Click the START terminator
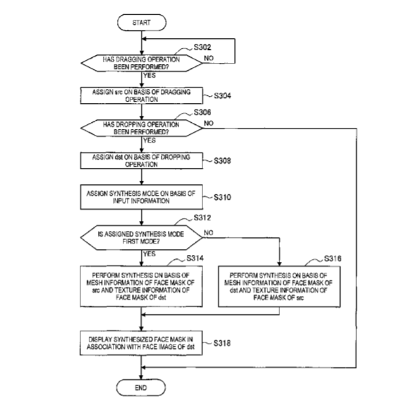(142, 23)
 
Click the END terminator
(141, 388)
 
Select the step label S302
(202, 47)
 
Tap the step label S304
(222, 96)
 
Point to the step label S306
(202, 112)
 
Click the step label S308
(222, 161)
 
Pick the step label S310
(222, 197)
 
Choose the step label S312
(202, 217)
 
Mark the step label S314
(195, 258)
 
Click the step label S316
(333, 258)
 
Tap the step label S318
(222, 343)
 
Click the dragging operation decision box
(142, 63)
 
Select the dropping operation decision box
(142, 129)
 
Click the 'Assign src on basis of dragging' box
(142, 95)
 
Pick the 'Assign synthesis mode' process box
(142, 197)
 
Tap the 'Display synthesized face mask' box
(141, 343)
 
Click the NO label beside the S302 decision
(209, 59)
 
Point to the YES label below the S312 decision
(150, 253)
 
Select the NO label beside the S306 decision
(209, 124)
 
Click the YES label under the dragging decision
(150, 76)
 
